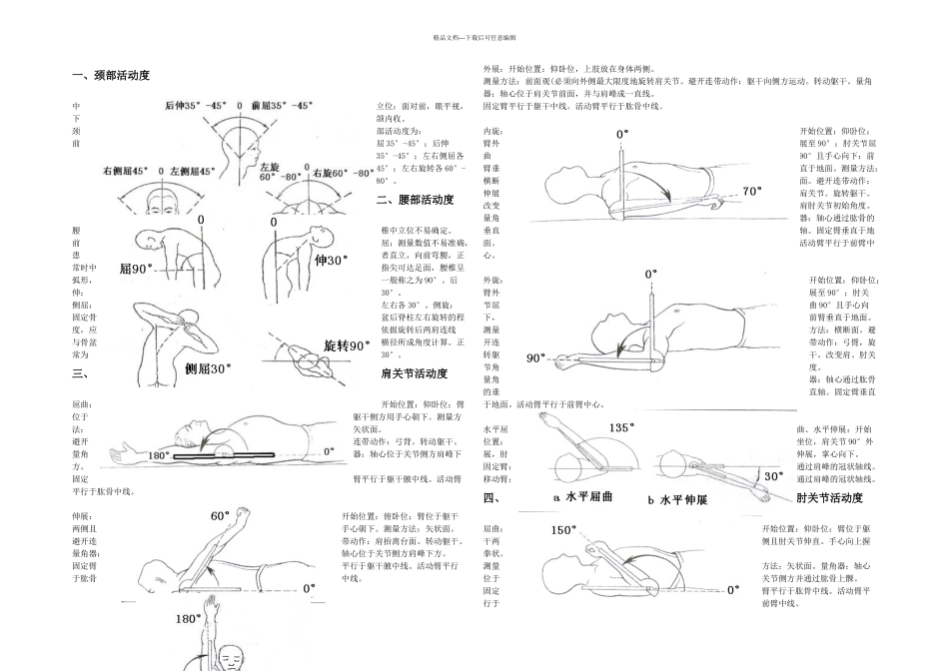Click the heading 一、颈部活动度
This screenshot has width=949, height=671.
tap(112, 76)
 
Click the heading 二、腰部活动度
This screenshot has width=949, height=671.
tap(415, 200)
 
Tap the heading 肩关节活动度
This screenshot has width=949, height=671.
tap(415, 373)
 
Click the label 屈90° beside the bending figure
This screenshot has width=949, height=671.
tap(136, 270)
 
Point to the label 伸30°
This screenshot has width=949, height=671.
tap(331, 260)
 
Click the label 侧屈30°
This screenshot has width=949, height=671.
tap(208, 367)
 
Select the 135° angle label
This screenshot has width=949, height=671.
tap(621, 426)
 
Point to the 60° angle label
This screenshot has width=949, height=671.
tap(221, 516)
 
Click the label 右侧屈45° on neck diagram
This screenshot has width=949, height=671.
tap(126, 171)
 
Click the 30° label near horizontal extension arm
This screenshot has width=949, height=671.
tap(773, 475)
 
